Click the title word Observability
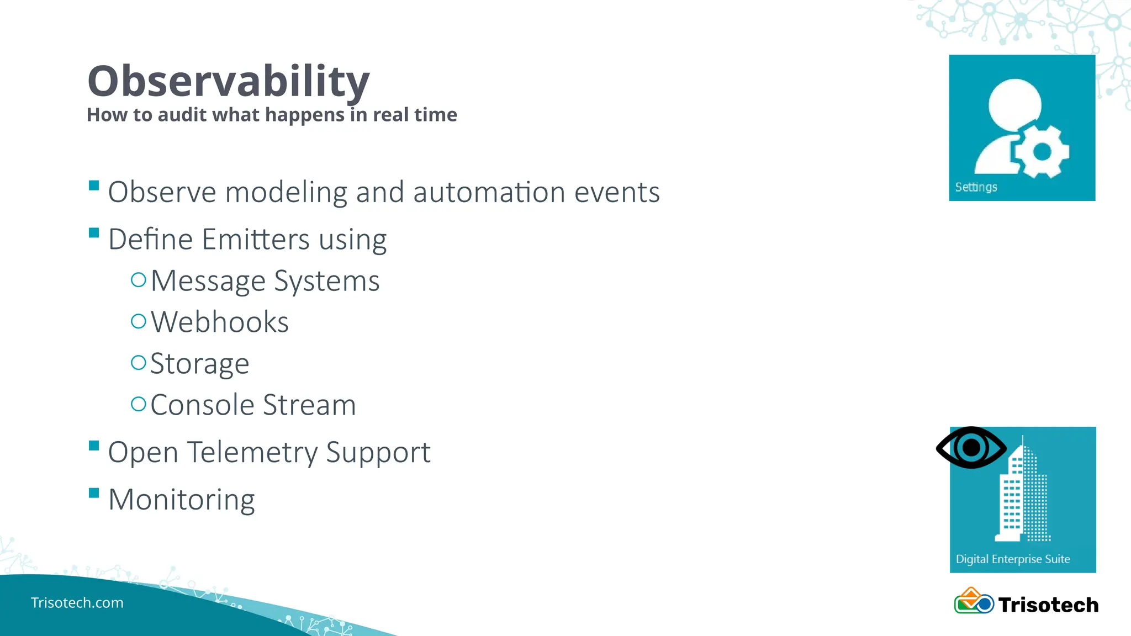(228, 82)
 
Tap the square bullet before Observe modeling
(94, 185)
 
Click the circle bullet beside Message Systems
(138, 280)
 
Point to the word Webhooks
(219, 322)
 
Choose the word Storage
(199, 364)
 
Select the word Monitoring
(181, 500)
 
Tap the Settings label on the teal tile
(976, 187)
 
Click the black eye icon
(971, 447)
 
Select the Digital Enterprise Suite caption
(1013, 559)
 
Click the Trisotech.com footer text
(77, 603)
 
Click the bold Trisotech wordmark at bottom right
(1048, 605)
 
